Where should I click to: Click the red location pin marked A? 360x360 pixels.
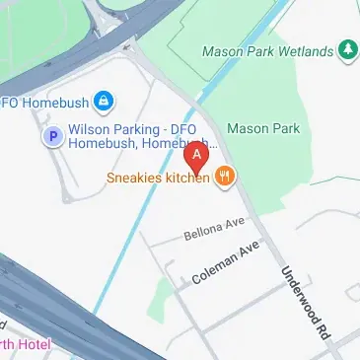[197, 157]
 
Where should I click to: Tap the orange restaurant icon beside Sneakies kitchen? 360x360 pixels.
[227, 178]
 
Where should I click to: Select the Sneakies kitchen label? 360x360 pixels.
[158, 178]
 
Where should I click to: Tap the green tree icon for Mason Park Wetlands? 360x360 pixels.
[347, 49]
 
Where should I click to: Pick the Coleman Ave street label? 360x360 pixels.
[226, 263]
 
